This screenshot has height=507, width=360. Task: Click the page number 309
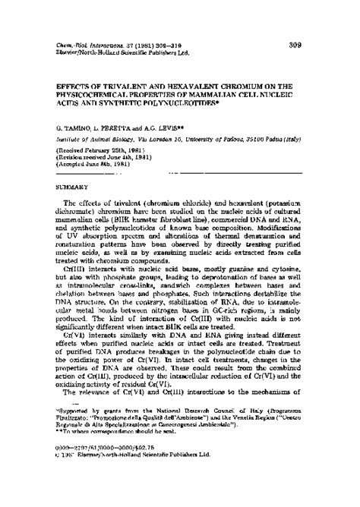(x=296, y=45)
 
